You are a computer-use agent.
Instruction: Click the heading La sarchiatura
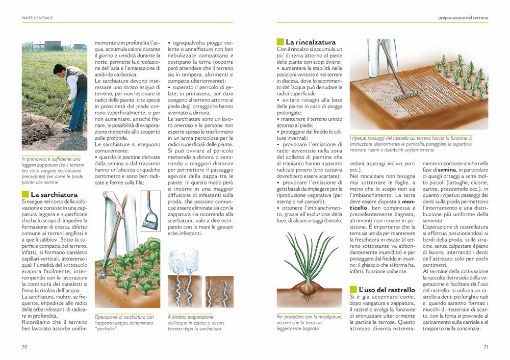click(x=54, y=194)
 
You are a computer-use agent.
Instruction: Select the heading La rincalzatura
click(x=311, y=42)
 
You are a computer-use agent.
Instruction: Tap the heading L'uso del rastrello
click(x=387, y=290)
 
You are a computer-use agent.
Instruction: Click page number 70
click(x=24, y=347)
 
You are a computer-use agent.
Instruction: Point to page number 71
click(x=486, y=347)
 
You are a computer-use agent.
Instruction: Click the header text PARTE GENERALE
click(x=37, y=18)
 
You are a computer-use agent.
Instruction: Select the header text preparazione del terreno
click(x=463, y=18)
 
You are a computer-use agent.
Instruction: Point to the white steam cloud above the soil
click(x=184, y=260)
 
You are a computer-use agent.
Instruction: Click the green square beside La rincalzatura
click(x=280, y=42)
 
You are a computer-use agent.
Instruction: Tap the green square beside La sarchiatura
click(x=25, y=194)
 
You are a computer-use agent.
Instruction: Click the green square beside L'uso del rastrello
click(x=353, y=290)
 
